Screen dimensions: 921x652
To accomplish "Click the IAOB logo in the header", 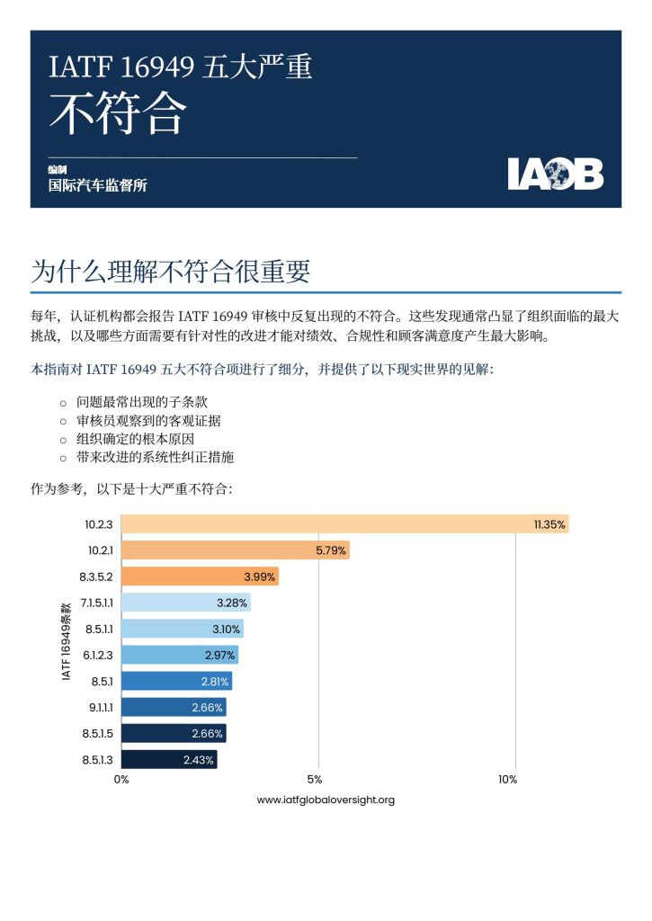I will tap(555, 174).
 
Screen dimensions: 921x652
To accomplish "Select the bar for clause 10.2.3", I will tap(344, 524).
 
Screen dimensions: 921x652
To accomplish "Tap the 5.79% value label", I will tap(330, 550).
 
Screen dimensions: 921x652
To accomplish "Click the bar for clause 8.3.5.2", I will tap(200, 577).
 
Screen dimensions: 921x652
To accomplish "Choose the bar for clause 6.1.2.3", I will tap(179, 655).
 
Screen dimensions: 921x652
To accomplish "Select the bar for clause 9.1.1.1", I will tap(173, 707).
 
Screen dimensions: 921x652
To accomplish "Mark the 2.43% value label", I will tap(198, 760).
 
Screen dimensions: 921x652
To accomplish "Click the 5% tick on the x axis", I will tap(315, 780).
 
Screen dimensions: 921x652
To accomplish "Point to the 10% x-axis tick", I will tap(508, 780).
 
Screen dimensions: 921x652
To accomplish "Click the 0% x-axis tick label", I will tap(121, 780).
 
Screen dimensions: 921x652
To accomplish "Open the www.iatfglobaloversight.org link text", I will tap(326, 800).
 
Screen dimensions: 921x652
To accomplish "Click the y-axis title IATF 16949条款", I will tap(67, 641).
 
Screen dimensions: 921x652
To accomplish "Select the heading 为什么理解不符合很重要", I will tap(171, 271).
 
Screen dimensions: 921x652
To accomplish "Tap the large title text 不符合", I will tap(118, 112).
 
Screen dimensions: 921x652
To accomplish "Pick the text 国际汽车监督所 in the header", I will tap(97, 186).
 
